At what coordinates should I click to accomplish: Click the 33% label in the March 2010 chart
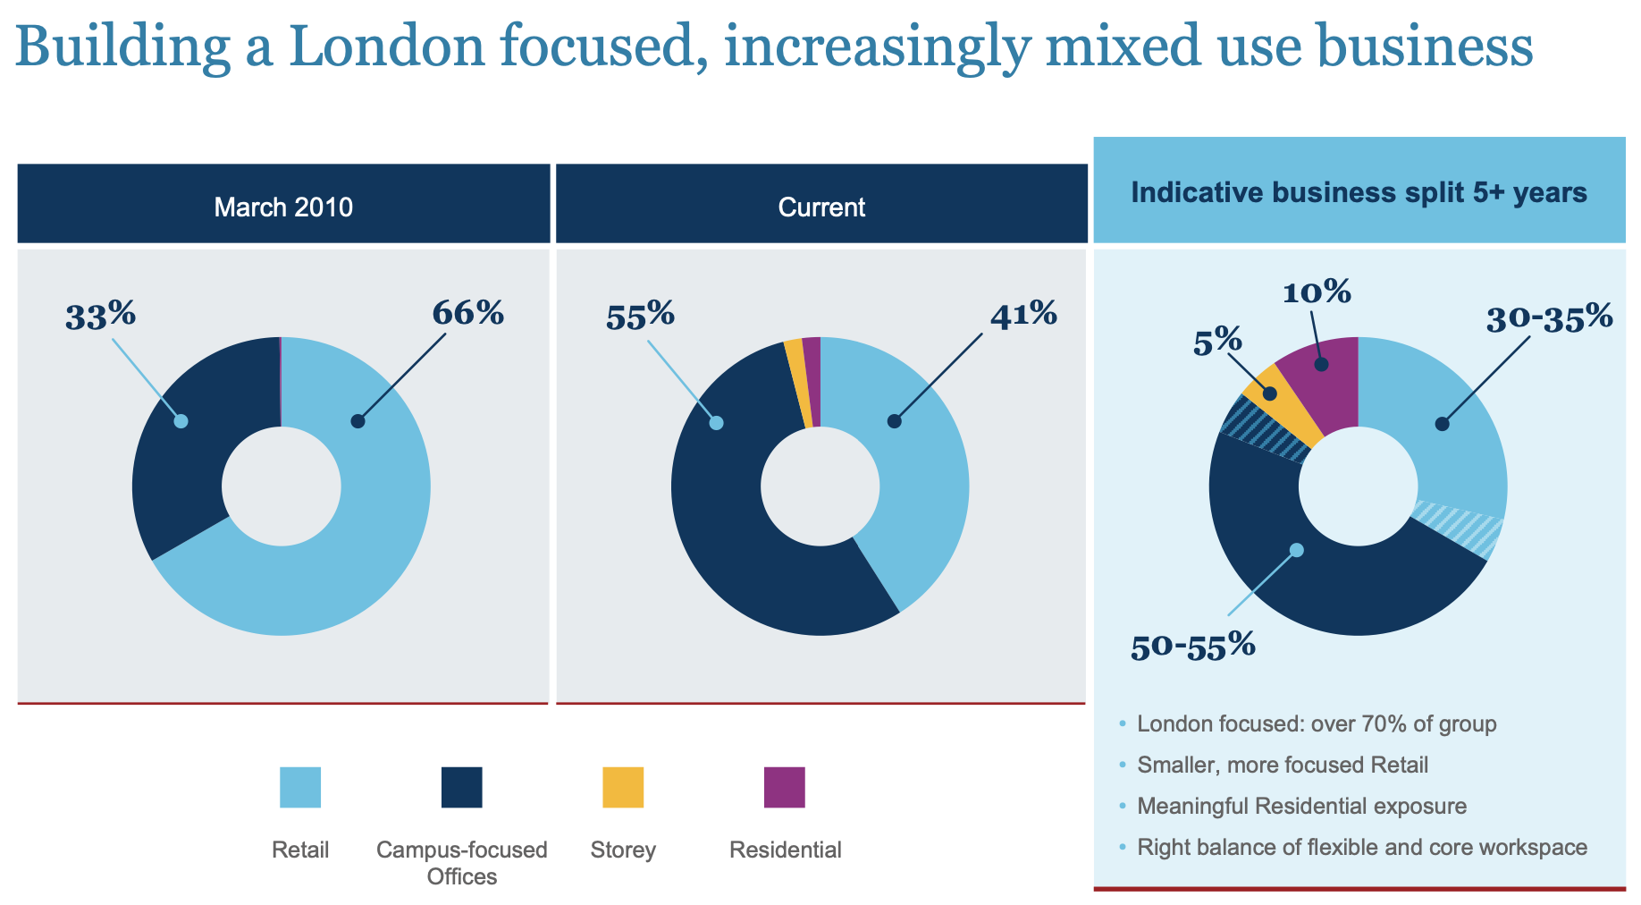pos(100,316)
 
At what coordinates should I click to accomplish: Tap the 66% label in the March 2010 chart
pos(467,313)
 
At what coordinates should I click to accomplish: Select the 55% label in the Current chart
pos(640,316)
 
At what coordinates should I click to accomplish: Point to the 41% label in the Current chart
pos(1023,314)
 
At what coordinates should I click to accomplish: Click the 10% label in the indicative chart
pos(1316,292)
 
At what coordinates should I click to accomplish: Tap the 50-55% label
pos(1192,645)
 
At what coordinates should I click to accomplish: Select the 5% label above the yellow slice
pos(1217,341)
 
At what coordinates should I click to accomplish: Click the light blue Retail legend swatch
pos(300,787)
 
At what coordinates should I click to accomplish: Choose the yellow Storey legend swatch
pos(623,787)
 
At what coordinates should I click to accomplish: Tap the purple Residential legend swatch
pos(784,787)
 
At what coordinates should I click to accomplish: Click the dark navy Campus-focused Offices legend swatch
pos(461,787)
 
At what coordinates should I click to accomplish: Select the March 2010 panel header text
pos(283,207)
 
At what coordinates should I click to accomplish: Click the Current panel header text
pos(821,207)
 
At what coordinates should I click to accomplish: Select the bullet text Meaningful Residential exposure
pos(1301,806)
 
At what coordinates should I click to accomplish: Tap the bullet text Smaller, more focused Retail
pos(1283,765)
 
